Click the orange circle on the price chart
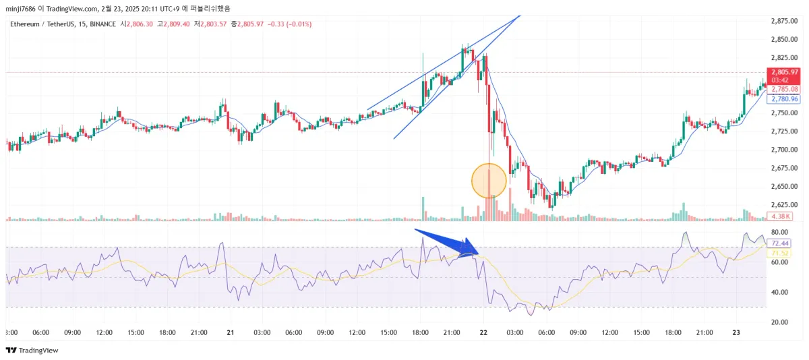[x=488, y=180]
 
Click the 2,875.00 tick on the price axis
[x=784, y=21]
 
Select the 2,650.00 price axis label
[x=784, y=186]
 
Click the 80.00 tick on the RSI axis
[x=781, y=232]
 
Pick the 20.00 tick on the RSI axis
[x=781, y=322]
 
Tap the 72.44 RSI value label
[x=780, y=243]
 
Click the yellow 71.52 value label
[x=780, y=253]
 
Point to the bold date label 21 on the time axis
[x=230, y=332]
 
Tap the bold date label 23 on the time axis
[x=737, y=332]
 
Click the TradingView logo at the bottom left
[x=32, y=350]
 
